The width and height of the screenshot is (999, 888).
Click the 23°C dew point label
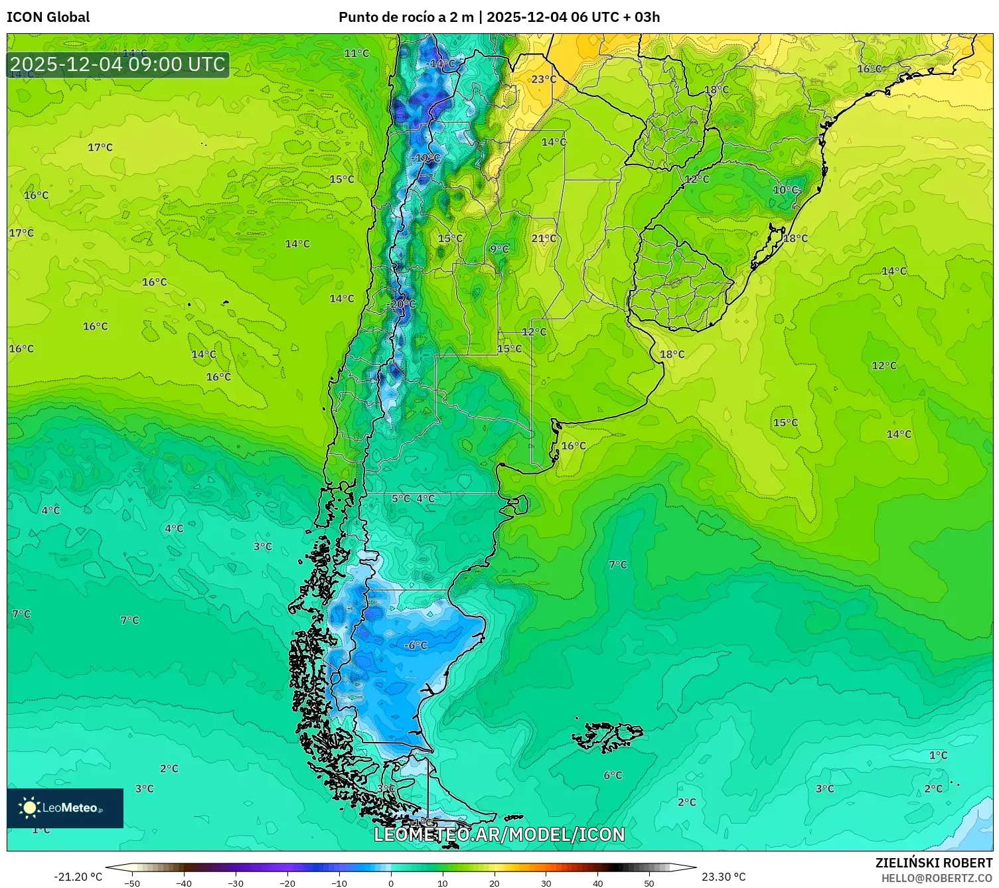coord(543,80)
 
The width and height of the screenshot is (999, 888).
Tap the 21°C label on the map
coord(544,238)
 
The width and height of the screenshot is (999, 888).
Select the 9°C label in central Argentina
coord(499,249)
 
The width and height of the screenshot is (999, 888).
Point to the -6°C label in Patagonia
coord(416,645)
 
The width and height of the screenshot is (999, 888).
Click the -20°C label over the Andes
coord(401,304)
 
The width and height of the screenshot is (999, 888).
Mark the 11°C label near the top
coord(356,53)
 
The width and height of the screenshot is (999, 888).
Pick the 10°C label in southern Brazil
coord(785,190)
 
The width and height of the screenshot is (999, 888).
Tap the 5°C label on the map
coord(400,498)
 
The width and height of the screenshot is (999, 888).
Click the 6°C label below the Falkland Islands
coord(613,775)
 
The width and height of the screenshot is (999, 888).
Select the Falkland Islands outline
coord(607,736)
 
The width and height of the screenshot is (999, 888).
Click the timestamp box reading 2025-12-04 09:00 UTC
coord(118,64)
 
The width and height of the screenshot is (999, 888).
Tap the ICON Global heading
coord(48,17)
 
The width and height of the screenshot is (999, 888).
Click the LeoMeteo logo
coord(65,808)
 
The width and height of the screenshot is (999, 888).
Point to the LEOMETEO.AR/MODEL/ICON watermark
coord(499,834)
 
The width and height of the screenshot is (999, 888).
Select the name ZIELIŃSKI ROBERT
coord(933,863)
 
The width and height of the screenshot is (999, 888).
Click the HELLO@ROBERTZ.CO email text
coord(936,878)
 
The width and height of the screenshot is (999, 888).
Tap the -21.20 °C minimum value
coord(78,877)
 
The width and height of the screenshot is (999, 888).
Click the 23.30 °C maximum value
coord(724,877)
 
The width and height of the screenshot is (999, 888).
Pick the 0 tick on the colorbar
coord(390,883)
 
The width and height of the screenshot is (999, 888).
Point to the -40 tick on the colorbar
coord(184,883)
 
